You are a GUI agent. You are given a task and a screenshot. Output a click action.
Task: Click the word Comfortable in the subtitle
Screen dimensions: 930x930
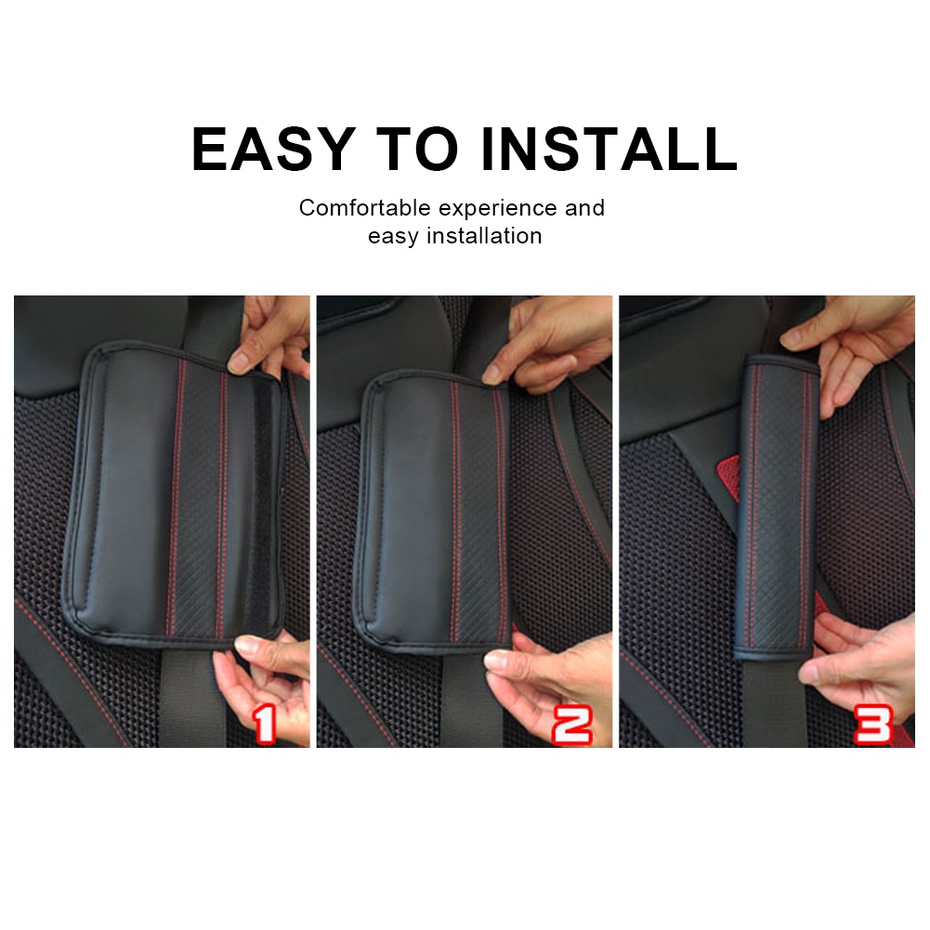click(x=365, y=208)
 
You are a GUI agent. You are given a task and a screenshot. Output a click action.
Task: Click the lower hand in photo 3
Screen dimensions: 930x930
click(x=859, y=660)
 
